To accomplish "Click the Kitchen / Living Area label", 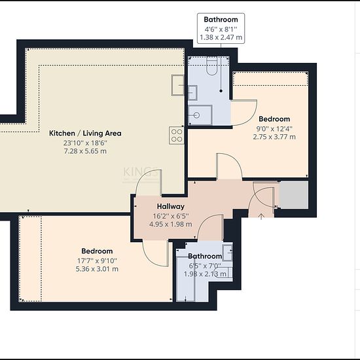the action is pos(85,133).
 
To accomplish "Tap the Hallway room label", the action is pos(171,206).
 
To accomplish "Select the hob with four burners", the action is pos(177,135).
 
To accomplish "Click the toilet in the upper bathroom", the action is pos(211,66).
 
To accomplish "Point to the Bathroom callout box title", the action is pos(221,20).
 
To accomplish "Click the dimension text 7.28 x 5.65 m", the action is pos(85,151).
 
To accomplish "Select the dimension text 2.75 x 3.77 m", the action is pos(274,137).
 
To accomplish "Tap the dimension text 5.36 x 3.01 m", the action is pos(97,269).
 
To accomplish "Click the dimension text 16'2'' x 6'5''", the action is pos(171,216).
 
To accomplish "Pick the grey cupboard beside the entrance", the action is pos(294,195).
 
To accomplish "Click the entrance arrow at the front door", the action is pos(261,216).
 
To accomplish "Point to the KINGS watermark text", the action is pos(141,172).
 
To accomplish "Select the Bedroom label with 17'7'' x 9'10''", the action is pos(97,251).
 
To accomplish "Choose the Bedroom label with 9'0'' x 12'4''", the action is pos(274,119).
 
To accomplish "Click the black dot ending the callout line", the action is pos(221,91).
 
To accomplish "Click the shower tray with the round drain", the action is pos(200,115).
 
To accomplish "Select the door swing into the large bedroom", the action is pos(156,253).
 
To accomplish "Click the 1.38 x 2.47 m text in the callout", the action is pos(221,37).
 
